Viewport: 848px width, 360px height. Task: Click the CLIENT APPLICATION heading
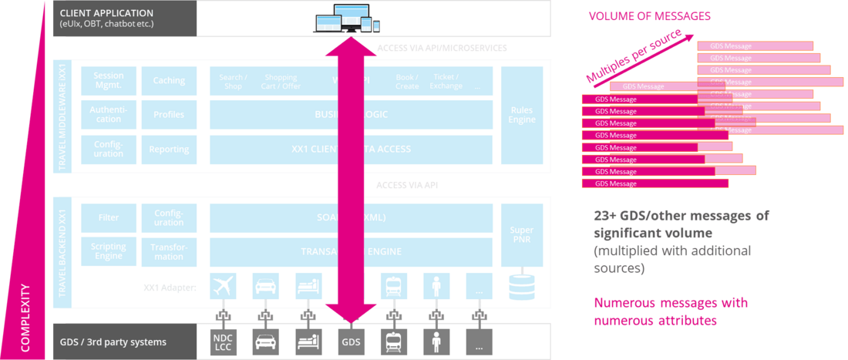(x=106, y=13)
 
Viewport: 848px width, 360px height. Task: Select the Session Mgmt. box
(x=109, y=80)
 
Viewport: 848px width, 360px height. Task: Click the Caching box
(x=169, y=80)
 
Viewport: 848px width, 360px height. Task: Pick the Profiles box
(x=169, y=115)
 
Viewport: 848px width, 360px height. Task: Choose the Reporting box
(x=169, y=150)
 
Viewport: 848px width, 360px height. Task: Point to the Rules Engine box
(x=522, y=115)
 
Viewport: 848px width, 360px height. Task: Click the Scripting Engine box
(x=109, y=251)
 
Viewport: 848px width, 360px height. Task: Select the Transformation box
(x=169, y=251)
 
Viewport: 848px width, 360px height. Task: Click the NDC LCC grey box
(x=222, y=341)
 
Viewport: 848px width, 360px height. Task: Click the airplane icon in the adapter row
(x=222, y=287)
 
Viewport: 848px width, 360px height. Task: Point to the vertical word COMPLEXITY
(x=25, y=318)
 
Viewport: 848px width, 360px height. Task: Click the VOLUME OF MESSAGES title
(x=649, y=15)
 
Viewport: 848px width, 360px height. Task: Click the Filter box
(x=109, y=217)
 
